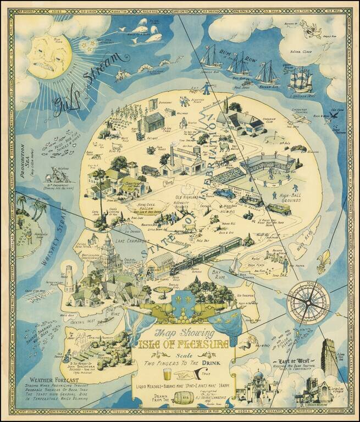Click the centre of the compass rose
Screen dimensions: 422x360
click(307, 301)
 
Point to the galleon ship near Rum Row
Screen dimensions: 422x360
click(300, 79)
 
